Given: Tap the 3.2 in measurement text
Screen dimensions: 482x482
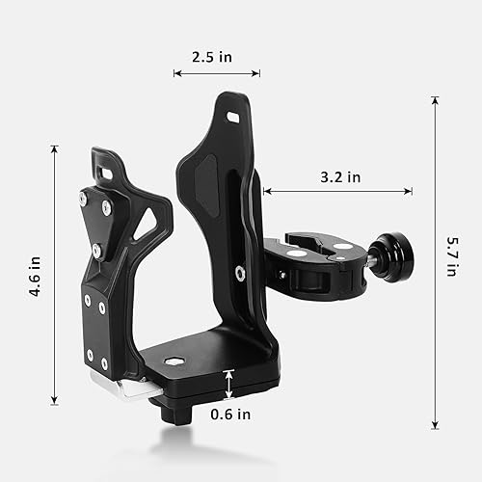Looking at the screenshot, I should click(x=340, y=176).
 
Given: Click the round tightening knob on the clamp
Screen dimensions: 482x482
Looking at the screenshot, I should click(x=393, y=255).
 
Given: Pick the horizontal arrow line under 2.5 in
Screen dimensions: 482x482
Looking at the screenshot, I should click(x=216, y=73).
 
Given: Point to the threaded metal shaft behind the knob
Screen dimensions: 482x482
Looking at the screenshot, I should click(x=367, y=260).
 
